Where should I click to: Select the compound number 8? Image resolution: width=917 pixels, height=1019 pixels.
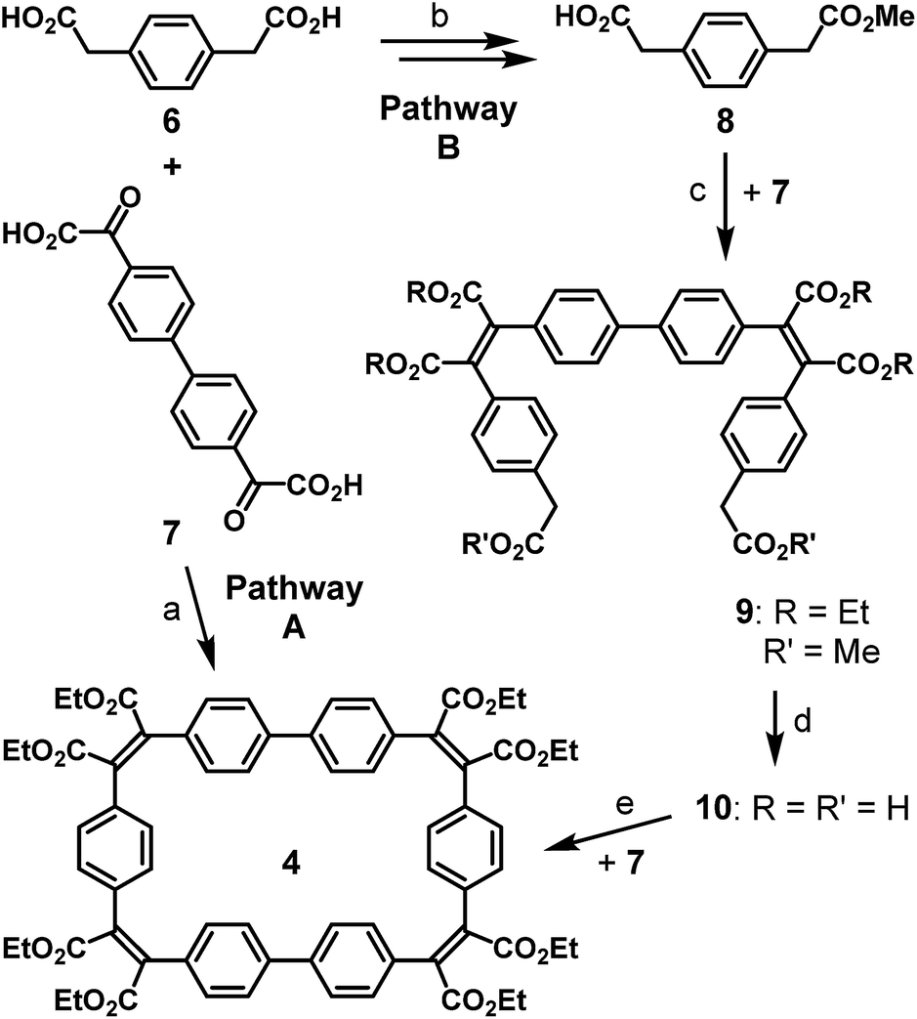727,124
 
